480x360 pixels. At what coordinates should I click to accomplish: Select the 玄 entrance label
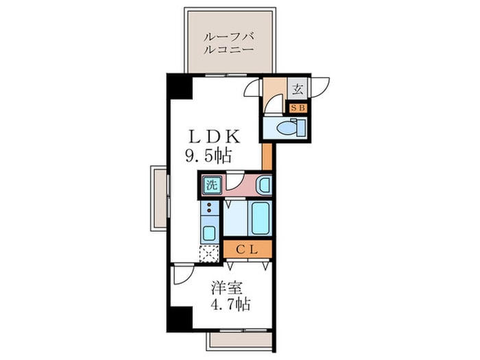(298, 88)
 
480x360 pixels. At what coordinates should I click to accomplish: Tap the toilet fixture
(284, 128)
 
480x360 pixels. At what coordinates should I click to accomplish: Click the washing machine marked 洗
(211, 184)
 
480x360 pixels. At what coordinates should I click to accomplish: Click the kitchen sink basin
(209, 231)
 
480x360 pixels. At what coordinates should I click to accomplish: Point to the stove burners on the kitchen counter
(208, 208)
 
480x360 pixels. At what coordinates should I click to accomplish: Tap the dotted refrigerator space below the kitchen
(208, 252)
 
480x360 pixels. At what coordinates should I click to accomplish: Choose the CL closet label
(247, 250)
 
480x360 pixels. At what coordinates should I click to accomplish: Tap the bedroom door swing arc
(182, 274)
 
